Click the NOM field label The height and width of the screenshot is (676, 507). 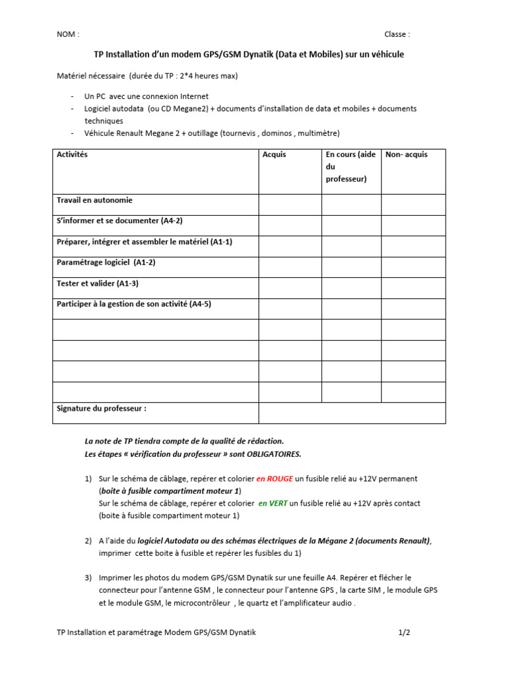pyautogui.click(x=68, y=34)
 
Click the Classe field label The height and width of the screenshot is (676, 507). pyautogui.click(x=397, y=34)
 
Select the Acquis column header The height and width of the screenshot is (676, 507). pyautogui.click(x=274, y=154)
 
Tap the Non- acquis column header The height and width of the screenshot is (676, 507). pyautogui.click(x=406, y=154)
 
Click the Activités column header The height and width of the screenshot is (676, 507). pyautogui.click(x=72, y=154)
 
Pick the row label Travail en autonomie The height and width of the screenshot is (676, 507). pyautogui.click(x=94, y=200)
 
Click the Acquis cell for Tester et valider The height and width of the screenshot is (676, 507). pyautogui.click(x=290, y=288)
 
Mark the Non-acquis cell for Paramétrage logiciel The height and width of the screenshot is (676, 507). pyautogui.click(x=413, y=267)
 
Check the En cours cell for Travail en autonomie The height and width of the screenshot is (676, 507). pyautogui.click(x=351, y=205)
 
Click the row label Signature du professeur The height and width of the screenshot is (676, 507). pyautogui.click(x=101, y=409)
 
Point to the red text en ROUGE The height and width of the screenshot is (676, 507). pyautogui.click(x=275, y=479)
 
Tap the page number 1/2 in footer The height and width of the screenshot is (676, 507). pyautogui.click(x=404, y=632)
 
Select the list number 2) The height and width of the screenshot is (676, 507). pyautogui.click(x=88, y=541)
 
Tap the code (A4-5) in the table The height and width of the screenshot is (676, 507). pyautogui.click(x=200, y=304)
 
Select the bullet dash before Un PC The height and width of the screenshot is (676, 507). pyautogui.click(x=71, y=96)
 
